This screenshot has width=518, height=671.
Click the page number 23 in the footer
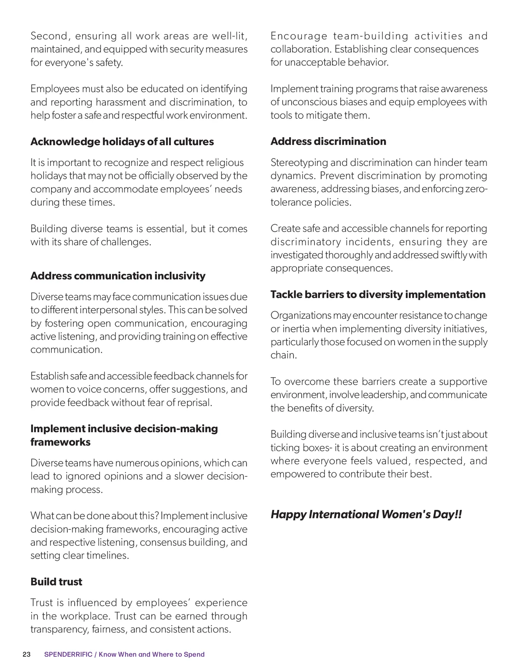coord(26,654)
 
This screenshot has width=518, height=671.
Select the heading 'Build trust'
coord(56,582)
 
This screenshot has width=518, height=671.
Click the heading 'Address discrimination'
coord(328,141)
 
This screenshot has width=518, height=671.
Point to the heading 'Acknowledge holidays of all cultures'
coord(122,142)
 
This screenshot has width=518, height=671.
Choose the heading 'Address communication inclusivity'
coord(118,276)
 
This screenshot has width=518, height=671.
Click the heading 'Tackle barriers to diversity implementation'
coord(378,294)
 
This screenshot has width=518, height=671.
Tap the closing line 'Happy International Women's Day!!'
coord(366,514)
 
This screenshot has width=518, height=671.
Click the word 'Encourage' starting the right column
coord(299,36)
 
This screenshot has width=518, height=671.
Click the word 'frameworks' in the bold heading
coord(60,442)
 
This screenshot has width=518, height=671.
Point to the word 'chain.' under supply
coord(284,355)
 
